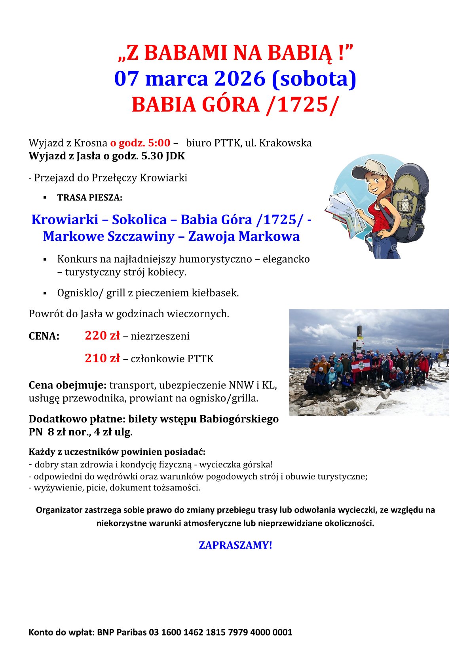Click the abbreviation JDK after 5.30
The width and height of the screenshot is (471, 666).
175,156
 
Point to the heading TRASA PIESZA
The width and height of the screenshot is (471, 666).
89,198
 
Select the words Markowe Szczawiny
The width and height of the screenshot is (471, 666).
108,237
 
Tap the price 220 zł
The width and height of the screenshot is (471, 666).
102,336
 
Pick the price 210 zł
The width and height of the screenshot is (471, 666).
102,358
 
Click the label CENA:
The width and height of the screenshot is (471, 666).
44,336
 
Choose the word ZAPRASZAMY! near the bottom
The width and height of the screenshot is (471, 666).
235,545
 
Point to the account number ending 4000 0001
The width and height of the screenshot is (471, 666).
220,632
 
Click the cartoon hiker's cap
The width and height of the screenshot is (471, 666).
370,168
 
